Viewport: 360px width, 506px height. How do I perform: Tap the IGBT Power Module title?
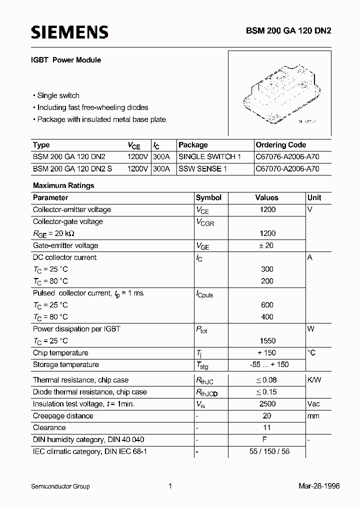tap(67, 60)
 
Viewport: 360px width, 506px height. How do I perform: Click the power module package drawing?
tap(279, 94)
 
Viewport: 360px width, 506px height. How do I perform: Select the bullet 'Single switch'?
tap(58, 95)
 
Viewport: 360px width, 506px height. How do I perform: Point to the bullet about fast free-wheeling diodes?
tap(92, 107)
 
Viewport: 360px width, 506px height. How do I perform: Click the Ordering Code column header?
tap(280, 145)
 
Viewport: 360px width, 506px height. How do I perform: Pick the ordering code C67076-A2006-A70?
tap(287, 157)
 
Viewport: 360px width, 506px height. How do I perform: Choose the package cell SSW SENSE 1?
tap(202, 169)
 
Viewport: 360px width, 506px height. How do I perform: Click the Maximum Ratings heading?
tap(63, 185)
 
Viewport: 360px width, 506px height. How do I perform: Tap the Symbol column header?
tap(208, 197)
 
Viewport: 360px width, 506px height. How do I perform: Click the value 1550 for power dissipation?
tap(267, 341)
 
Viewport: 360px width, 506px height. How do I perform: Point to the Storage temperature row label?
tap(66, 364)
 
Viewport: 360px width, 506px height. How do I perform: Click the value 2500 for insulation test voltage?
tap(267, 404)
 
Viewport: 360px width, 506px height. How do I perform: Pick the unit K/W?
tap(314, 380)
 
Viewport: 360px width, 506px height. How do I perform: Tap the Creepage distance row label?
tap(63, 416)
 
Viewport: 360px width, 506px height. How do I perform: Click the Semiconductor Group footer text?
tap(60, 486)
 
